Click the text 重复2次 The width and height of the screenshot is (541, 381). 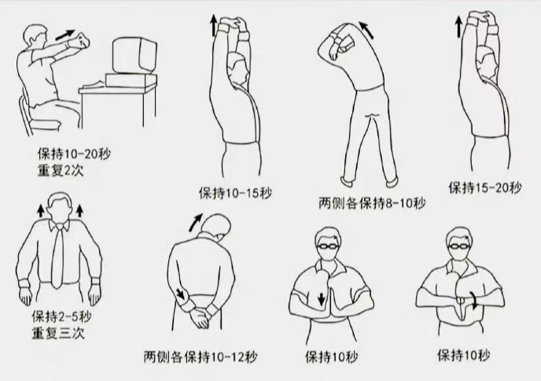point(59,170)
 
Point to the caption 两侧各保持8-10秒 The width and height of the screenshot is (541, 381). point(371,204)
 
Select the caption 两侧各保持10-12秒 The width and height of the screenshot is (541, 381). point(201,356)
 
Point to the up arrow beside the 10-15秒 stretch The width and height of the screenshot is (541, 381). point(213,25)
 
